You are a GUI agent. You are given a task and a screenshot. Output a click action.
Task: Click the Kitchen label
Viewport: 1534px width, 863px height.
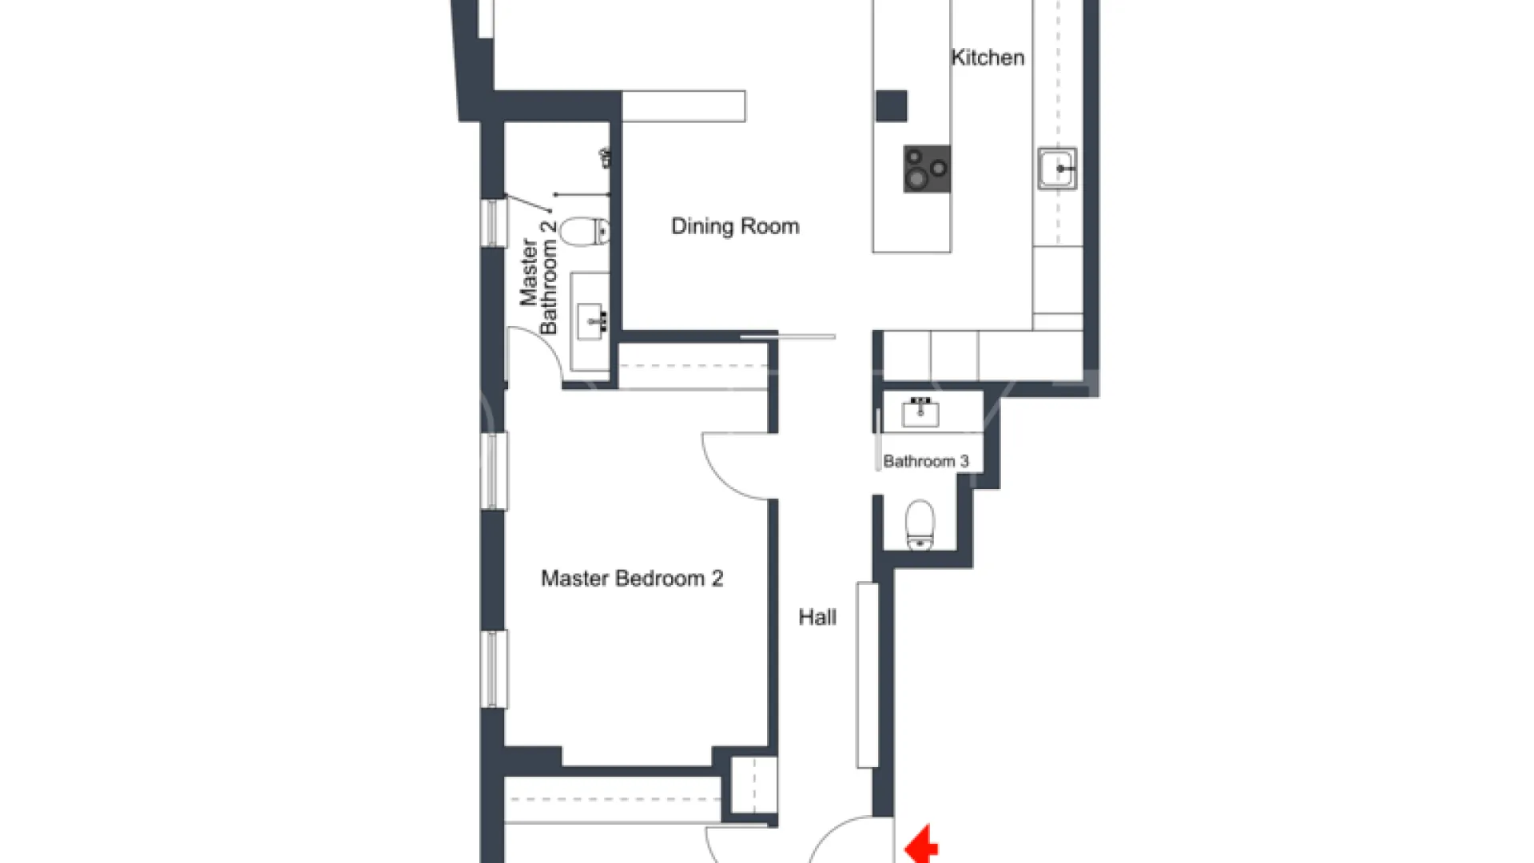click(988, 58)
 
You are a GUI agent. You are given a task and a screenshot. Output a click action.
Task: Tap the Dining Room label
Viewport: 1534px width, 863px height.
click(735, 226)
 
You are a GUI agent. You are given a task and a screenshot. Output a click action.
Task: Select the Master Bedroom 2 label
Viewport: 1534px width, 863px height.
click(632, 578)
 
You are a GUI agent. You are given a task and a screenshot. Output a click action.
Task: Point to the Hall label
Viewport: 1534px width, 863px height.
click(817, 617)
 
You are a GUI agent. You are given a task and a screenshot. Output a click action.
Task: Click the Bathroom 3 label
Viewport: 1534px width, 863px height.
click(926, 461)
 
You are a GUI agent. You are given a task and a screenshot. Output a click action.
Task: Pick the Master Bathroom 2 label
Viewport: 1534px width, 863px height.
click(538, 276)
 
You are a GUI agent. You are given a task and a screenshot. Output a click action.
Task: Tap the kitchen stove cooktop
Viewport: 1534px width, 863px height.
click(927, 169)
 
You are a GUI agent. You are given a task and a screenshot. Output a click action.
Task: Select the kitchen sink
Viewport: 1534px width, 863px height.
click(1057, 168)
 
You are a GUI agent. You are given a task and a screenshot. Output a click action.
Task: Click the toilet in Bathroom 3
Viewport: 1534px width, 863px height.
click(920, 525)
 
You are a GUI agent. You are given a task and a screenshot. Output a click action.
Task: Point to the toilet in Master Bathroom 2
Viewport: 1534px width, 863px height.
click(585, 233)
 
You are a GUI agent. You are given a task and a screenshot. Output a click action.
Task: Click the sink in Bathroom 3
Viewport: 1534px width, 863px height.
click(920, 412)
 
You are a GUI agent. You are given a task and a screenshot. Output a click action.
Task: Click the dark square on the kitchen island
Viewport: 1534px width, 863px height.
click(891, 106)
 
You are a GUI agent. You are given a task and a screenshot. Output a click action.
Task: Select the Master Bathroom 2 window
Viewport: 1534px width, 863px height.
click(494, 222)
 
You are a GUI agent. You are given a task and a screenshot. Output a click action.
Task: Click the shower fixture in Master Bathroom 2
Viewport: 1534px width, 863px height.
click(606, 158)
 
